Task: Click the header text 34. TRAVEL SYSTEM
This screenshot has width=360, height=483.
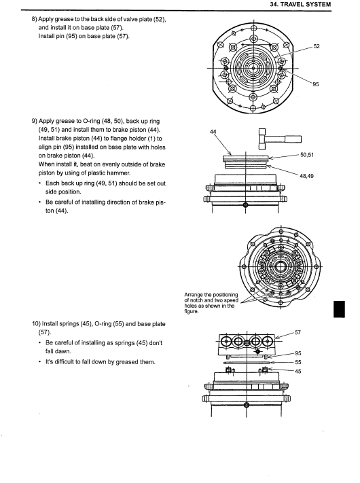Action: [300, 4]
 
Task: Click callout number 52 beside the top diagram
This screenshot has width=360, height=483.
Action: [317, 46]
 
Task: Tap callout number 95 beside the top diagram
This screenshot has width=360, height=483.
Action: [316, 84]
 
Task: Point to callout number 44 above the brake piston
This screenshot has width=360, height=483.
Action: [213, 132]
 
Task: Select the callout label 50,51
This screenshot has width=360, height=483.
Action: [307, 155]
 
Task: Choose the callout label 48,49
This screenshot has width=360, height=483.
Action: [307, 176]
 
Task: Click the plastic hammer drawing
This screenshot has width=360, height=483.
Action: [280, 139]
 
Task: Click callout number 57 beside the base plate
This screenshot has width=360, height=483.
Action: [298, 332]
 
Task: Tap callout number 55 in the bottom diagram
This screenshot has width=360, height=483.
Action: [298, 362]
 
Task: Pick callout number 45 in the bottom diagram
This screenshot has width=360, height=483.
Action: [298, 371]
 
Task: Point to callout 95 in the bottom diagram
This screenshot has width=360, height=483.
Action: [298, 353]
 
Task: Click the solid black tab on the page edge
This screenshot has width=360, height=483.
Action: [339, 309]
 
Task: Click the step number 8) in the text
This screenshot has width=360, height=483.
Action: [34, 19]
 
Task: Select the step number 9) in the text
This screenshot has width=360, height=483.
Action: [34, 121]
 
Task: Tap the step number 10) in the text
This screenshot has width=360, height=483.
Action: [36, 324]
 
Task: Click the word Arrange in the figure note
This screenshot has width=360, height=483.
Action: [194, 295]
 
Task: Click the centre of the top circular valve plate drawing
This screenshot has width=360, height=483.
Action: [253, 69]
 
